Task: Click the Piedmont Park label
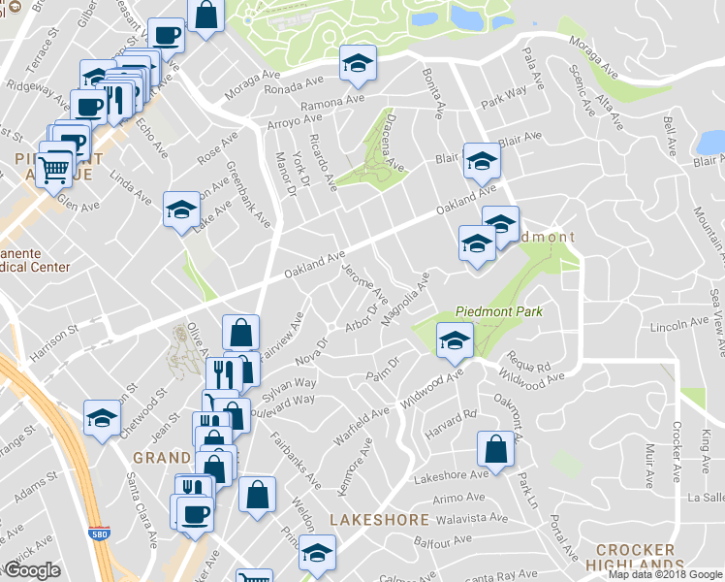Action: pos(499,312)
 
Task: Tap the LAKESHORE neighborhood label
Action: pos(379,520)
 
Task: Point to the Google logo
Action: pos(31,569)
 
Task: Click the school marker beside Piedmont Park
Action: pos(454,340)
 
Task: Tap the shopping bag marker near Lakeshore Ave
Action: pos(495,449)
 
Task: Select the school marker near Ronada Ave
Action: pos(357,65)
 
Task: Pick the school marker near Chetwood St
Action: pos(101,419)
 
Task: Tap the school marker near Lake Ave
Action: pos(180,210)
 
